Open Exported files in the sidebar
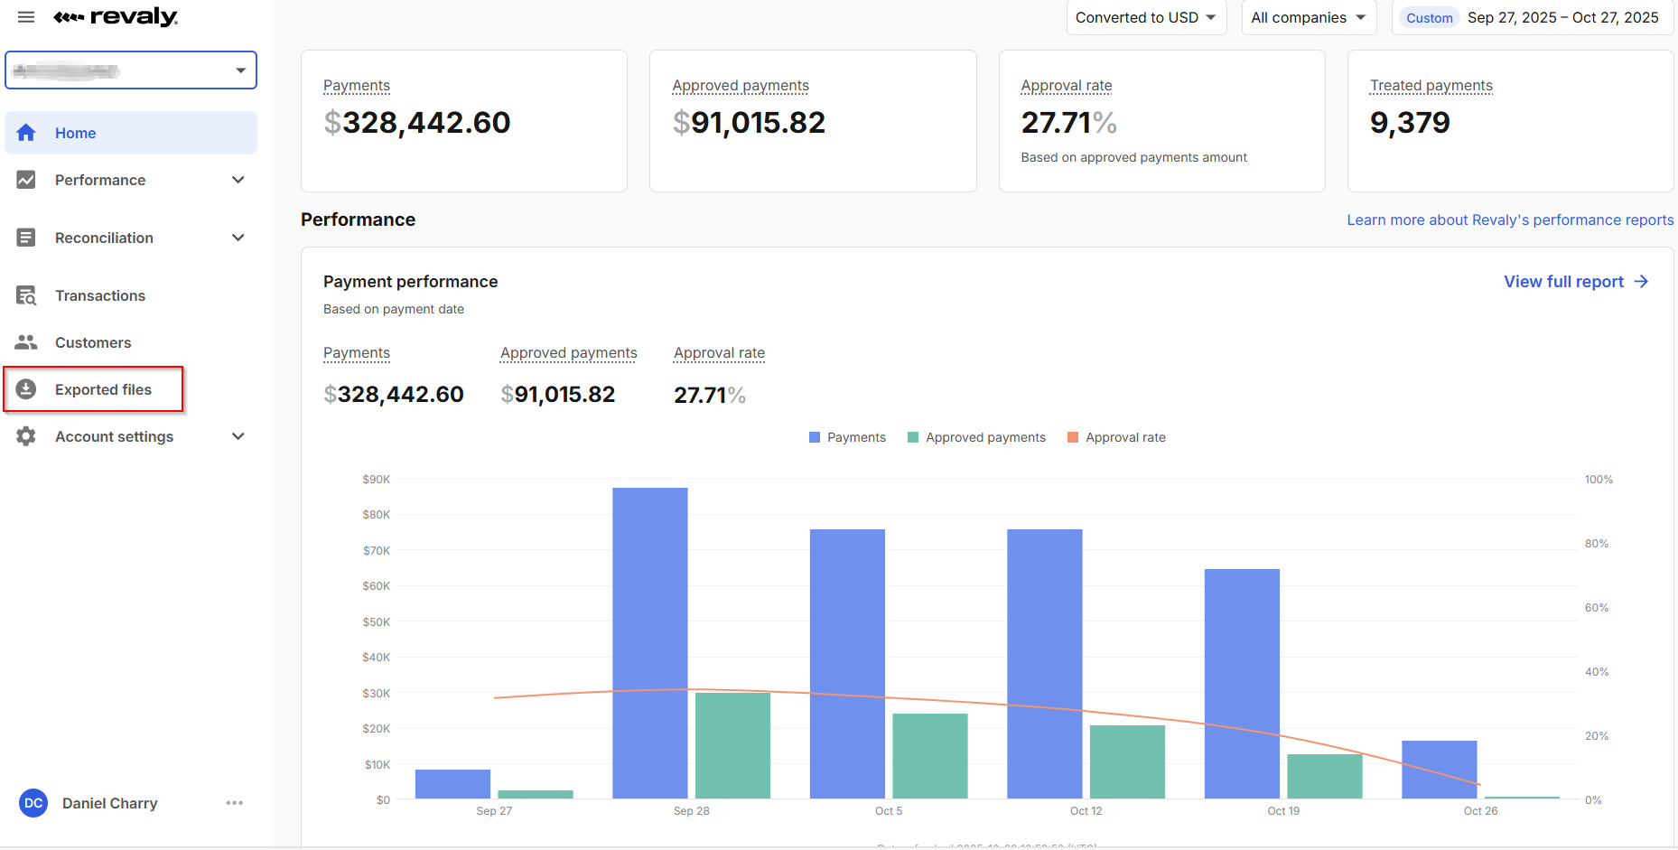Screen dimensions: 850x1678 (x=103, y=389)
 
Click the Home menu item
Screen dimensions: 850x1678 (x=75, y=133)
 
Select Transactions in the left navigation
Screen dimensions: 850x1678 (x=99, y=295)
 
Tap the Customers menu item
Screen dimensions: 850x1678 (x=92, y=342)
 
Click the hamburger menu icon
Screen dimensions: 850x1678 (x=26, y=17)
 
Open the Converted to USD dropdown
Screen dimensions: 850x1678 (x=1145, y=18)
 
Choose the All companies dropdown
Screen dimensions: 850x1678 (x=1308, y=18)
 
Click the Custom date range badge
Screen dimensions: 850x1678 (x=1429, y=18)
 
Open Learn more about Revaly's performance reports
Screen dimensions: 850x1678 (x=1510, y=220)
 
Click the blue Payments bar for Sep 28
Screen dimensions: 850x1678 (x=649, y=642)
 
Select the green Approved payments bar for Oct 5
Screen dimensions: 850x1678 (x=929, y=755)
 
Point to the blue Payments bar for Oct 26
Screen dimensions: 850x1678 (x=1439, y=769)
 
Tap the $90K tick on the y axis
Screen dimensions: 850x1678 (x=376, y=479)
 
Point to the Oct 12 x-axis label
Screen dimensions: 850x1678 (x=1086, y=811)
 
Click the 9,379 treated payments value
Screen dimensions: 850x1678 (x=1409, y=123)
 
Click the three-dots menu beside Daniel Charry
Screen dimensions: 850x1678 (x=235, y=803)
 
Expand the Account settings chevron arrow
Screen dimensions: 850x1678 (x=238, y=436)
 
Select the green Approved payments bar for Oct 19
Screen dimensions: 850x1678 (x=1324, y=776)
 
